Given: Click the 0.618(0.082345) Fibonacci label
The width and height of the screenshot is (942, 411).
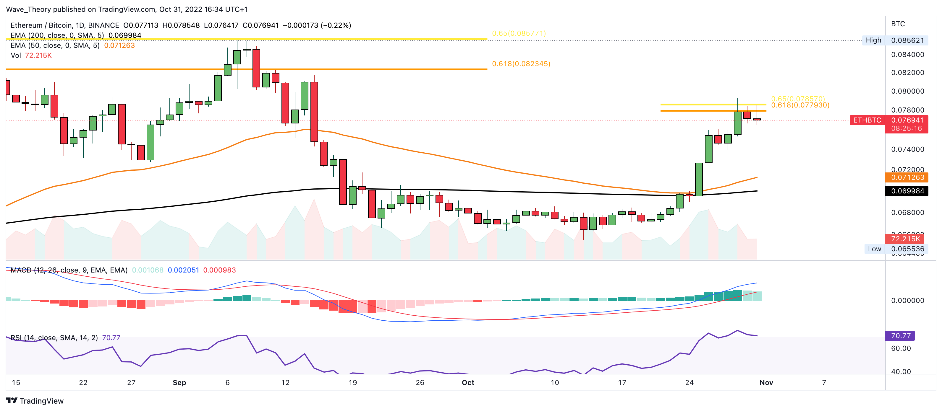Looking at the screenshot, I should [x=521, y=64].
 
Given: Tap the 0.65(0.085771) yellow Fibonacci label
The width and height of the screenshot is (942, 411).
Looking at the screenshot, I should [x=519, y=33].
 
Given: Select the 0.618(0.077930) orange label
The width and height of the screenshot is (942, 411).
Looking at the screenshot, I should [x=800, y=105].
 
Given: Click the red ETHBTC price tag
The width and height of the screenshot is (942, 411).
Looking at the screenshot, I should [x=867, y=120].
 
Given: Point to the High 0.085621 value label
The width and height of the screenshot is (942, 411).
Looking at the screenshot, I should [x=907, y=40].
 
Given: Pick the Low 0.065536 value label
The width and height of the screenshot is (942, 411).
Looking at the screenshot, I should [x=907, y=249].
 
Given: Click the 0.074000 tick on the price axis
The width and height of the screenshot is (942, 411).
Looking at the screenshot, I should [x=907, y=149].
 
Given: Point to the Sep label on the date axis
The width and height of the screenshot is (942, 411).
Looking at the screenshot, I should [x=179, y=382].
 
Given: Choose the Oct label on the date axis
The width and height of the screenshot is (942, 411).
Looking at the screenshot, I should [x=468, y=382].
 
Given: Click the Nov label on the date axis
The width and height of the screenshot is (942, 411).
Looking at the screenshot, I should [x=766, y=382].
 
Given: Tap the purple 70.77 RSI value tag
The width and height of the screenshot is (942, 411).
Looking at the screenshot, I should [x=900, y=336].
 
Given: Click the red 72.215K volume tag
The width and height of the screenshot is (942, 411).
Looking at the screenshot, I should [x=905, y=239].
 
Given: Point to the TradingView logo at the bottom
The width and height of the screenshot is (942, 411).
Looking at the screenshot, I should [x=35, y=401].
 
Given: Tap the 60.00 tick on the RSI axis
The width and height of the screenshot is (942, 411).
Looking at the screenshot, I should [x=901, y=348].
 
